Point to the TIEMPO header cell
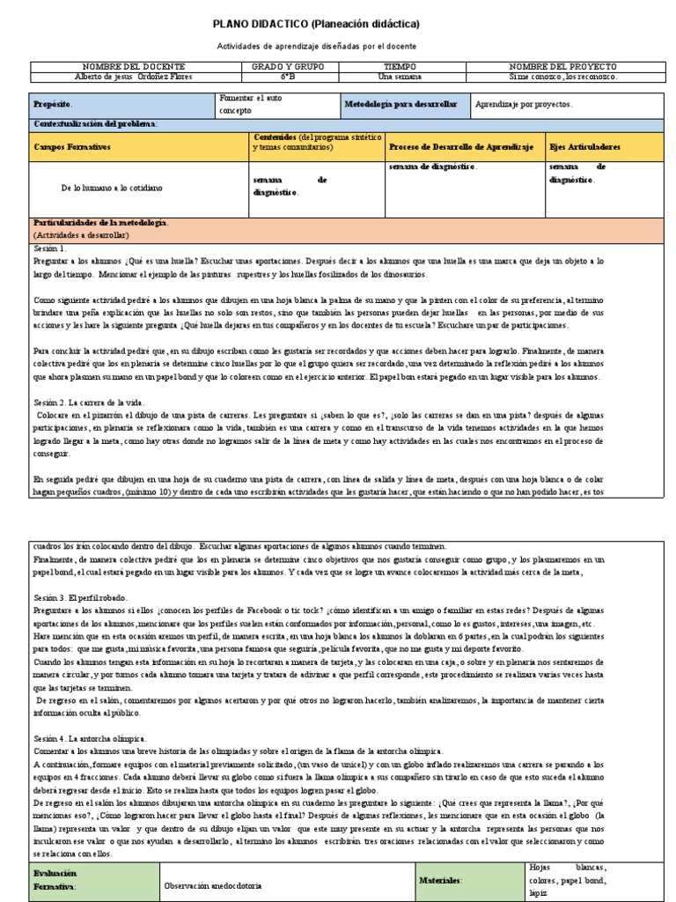(x=400, y=67)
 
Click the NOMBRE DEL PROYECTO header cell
(x=563, y=67)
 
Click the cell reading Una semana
(x=400, y=77)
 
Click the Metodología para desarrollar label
(x=400, y=104)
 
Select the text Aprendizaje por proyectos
(x=523, y=104)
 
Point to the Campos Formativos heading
(x=72, y=146)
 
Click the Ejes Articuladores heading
(x=584, y=146)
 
